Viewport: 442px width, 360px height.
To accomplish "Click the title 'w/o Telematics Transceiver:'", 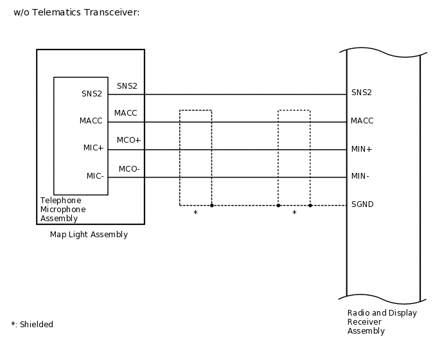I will (76, 12).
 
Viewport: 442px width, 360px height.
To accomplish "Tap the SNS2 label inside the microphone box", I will (92, 93).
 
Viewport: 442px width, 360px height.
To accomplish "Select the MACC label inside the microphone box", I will (91, 120).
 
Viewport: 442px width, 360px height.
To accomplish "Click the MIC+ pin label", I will (93, 148).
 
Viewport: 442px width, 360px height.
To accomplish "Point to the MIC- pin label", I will (95, 175).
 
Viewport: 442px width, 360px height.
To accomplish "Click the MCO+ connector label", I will (128, 140).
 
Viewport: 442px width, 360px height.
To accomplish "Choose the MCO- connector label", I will (129, 169).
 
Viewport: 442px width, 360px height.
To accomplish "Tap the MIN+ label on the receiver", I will (362, 148).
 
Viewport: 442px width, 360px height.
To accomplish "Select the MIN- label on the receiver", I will (360, 176).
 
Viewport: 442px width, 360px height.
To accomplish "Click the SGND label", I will (362, 204).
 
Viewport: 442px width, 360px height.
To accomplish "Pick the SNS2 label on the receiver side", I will (362, 93).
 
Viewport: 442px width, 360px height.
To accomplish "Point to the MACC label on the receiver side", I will (362, 120).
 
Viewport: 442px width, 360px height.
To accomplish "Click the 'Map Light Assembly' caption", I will (89, 235).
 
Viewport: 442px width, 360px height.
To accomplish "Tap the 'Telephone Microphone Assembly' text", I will (63, 210).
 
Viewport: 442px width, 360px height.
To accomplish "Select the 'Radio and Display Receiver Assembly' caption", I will (382, 322).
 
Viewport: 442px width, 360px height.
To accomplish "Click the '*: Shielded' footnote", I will (32, 325).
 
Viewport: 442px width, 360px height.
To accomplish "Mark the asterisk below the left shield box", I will (195, 213).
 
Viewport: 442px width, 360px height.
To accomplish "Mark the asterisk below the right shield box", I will (294, 213).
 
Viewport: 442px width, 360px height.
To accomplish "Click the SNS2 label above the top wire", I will (127, 85).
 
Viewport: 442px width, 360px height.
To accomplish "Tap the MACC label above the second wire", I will (125, 113).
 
